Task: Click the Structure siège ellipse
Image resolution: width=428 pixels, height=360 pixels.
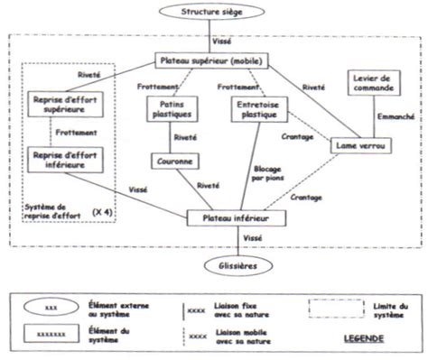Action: (213, 14)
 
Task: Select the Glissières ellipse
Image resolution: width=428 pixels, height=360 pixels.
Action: (238, 266)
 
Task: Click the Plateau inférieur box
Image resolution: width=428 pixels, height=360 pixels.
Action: (238, 218)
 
